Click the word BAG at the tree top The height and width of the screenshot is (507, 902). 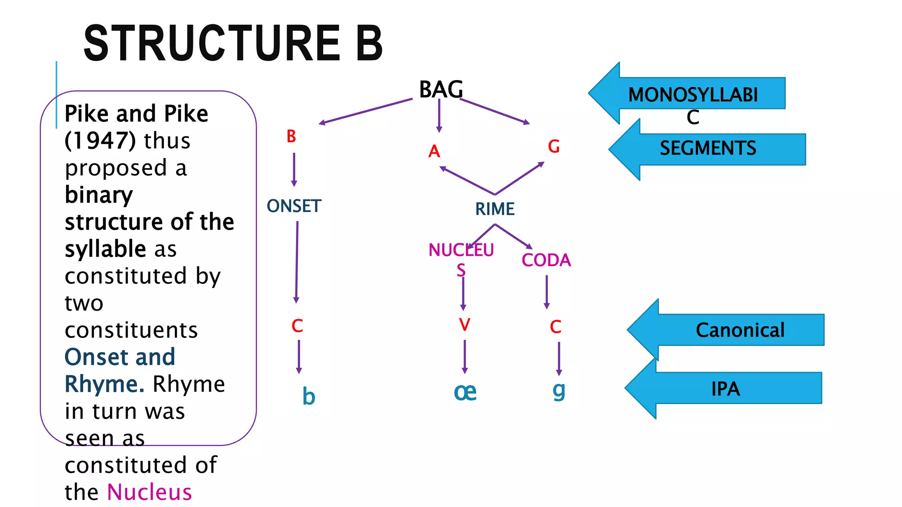coord(441,89)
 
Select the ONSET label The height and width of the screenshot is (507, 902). coord(294,206)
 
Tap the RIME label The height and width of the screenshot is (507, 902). coord(495,209)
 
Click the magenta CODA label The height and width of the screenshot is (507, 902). coord(546,260)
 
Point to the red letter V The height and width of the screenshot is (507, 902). coord(465,325)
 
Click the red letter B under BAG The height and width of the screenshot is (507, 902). coord(291,136)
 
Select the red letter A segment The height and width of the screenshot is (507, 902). coord(434,151)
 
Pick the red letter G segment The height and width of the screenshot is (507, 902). coord(554,147)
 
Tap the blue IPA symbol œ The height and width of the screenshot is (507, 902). coord(465,392)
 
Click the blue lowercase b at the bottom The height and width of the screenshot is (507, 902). coord(309,397)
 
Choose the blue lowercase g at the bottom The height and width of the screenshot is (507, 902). coord(558,390)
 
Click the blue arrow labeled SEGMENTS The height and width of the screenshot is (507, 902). coord(708,149)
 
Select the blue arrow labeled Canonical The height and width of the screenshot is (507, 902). coord(740,330)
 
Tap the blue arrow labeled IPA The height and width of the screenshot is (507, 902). coord(725,389)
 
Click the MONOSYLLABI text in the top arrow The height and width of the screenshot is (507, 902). coord(693,95)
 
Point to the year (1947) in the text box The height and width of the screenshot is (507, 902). coord(100,141)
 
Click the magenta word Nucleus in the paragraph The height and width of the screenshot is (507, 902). coord(150,492)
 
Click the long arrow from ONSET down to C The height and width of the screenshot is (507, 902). coord(297,262)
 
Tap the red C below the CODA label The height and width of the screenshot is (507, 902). coord(555,327)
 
